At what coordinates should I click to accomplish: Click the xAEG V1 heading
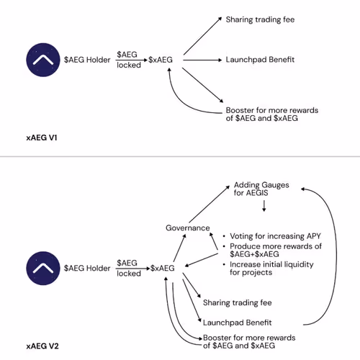tap(42, 138)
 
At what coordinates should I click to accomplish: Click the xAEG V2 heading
tap(42, 346)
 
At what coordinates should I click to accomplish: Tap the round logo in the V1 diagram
tap(43, 60)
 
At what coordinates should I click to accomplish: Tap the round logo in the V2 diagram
tap(43, 268)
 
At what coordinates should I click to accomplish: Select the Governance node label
tap(188, 228)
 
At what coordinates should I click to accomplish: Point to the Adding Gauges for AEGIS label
tap(261, 189)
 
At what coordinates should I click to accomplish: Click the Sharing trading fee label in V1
tap(260, 19)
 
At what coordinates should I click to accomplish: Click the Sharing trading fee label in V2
tap(238, 302)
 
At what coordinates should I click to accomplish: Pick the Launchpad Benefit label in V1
tap(260, 60)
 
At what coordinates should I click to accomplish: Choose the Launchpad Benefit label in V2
tap(237, 323)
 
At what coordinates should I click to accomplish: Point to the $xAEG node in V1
tap(161, 60)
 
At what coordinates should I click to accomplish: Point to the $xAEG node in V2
tap(162, 268)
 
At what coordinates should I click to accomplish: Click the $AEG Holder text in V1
tap(87, 60)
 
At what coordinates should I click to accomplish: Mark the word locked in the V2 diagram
tap(129, 274)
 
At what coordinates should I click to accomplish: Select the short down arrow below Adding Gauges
tap(264, 206)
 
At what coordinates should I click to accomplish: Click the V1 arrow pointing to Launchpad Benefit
tap(202, 60)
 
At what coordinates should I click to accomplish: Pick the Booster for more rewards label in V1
tap(272, 114)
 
